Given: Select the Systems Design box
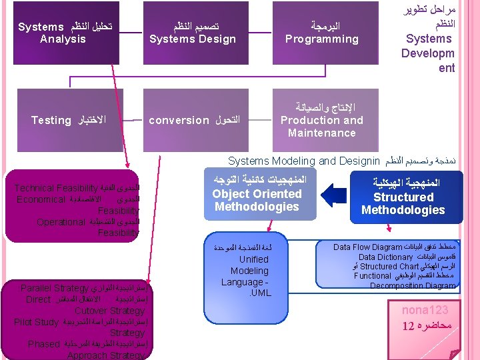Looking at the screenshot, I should [193, 33].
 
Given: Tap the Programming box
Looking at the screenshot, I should [322, 33].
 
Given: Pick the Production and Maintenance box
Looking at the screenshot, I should [322, 120].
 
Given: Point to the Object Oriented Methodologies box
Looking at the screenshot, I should [257, 194].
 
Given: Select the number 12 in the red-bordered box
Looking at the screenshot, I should [408, 326].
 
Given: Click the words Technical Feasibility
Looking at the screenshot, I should [56, 189].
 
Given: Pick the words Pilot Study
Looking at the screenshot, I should [36, 322].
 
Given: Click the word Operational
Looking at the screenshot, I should [61, 221].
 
